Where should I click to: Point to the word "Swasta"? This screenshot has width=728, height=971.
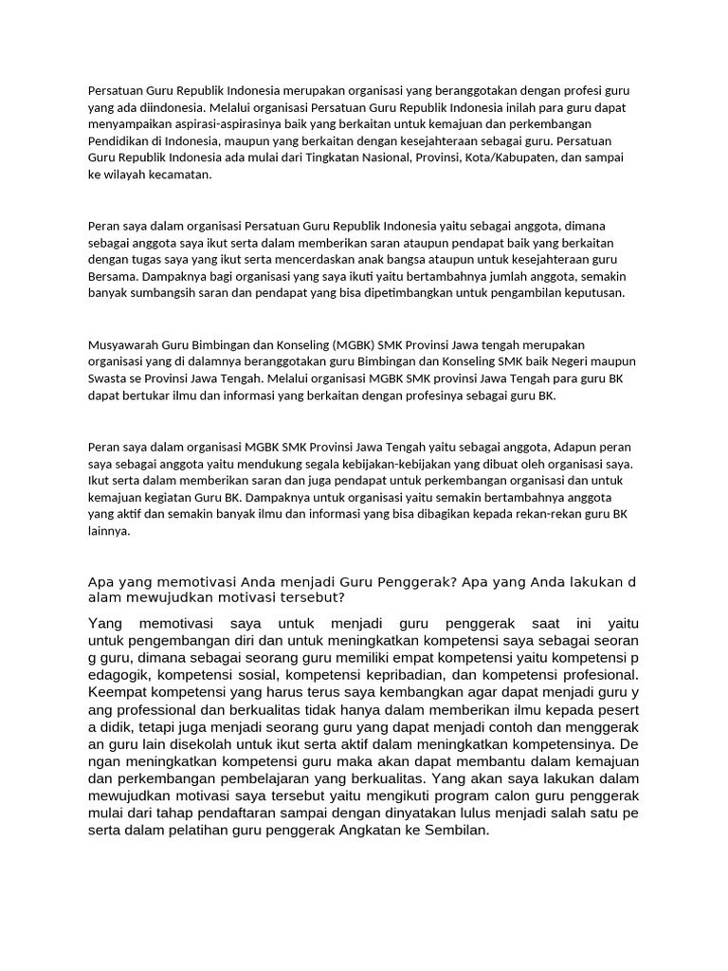click(108, 378)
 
